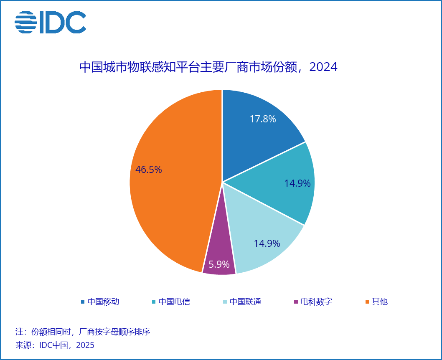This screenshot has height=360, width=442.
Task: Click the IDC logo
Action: click(50, 23)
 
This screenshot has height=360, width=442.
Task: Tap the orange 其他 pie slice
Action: click(171, 200)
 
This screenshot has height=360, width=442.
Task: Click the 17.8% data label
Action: click(263, 119)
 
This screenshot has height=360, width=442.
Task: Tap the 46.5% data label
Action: click(149, 170)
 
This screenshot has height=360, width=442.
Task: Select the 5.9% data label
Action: click(219, 264)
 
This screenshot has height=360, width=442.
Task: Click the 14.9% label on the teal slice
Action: click(297, 183)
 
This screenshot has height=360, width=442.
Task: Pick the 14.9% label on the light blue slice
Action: click(267, 243)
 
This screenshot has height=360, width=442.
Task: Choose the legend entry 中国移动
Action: click(103, 302)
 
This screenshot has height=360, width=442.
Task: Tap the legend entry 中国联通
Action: click(245, 302)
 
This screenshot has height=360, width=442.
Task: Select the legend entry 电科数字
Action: click(316, 302)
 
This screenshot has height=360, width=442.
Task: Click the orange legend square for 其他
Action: click(368, 302)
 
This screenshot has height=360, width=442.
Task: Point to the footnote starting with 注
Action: click(82, 332)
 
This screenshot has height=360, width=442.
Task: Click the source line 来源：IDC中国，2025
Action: click(55, 345)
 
